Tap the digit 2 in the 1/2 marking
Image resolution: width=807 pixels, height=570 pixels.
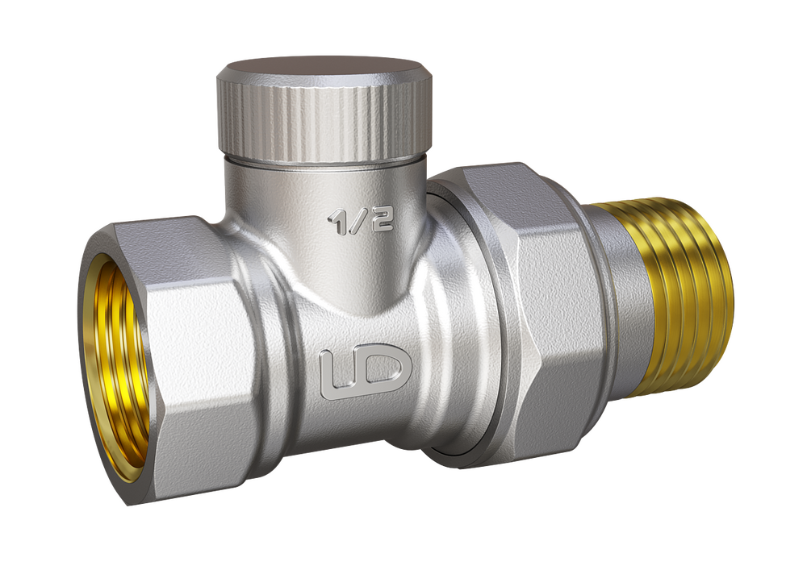point(383,220)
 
